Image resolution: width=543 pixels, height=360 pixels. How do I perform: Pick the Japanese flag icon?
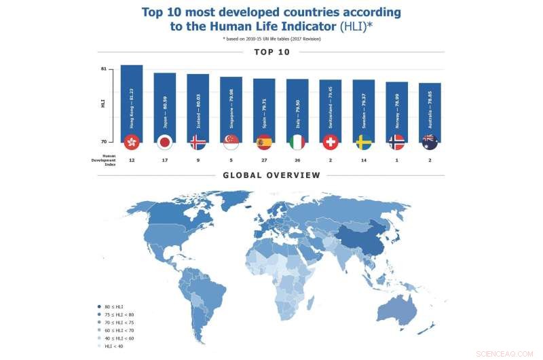point(164,142)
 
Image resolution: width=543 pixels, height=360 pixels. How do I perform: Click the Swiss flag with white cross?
point(330,142)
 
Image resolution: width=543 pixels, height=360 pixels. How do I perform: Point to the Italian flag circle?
point(297,142)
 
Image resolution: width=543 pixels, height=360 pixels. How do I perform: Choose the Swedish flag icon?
point(363,142)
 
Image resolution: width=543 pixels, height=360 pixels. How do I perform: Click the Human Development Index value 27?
point(263,160)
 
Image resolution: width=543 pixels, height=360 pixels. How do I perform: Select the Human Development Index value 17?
point(164,160)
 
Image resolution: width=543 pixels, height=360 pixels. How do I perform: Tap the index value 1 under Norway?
point(396,160)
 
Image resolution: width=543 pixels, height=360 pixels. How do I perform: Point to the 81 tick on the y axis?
point(103,69)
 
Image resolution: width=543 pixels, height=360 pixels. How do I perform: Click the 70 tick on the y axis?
point(103,141)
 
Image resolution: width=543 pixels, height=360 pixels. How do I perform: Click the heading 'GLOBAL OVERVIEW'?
point(271,175)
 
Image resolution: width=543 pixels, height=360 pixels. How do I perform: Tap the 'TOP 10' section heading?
point(271,52)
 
